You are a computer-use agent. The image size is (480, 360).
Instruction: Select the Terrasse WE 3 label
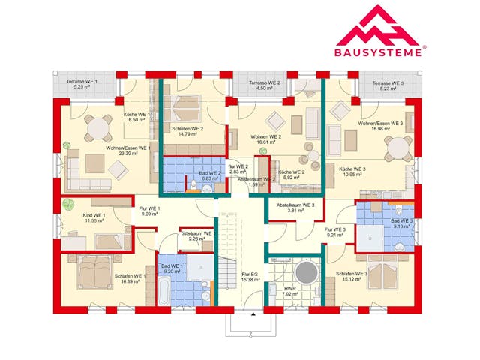tap(391, 82)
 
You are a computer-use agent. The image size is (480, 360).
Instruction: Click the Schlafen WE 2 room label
tap(187, 129)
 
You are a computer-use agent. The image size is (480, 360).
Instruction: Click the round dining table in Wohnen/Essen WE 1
tap(98, 127)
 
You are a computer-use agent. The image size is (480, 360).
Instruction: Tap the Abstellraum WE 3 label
tap(295, 205)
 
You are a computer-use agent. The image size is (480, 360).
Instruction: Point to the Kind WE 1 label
tap(94, 216)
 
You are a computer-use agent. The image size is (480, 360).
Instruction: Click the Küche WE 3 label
tap(352, 169)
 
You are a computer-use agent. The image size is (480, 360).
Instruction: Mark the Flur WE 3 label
tap(334, 229)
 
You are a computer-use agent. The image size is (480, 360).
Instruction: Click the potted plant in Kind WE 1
tap(68, 204)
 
